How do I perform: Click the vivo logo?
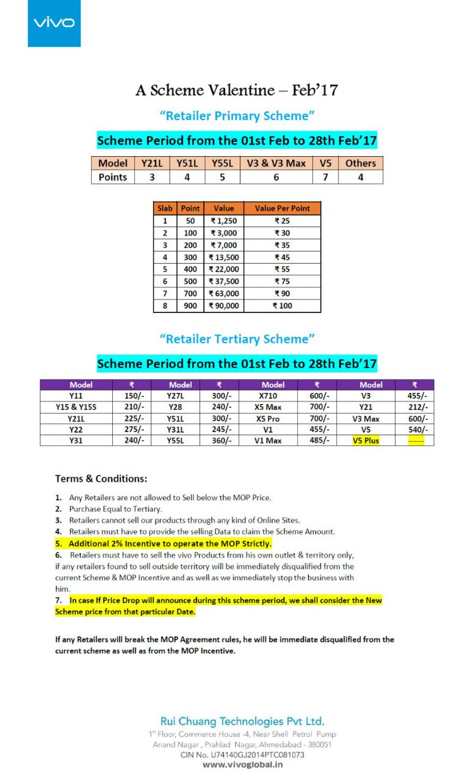[x=54, y=23]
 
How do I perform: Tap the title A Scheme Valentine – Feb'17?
[x=237, y=90]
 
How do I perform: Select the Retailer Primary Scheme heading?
[x=237, y=115]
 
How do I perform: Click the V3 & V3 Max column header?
[x=276, y=163]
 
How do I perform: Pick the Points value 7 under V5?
[x=325, y=177]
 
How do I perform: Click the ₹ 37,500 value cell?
[x=224, y=281]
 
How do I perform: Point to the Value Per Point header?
[x=282, y=208]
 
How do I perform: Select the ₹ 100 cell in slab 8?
[x=282, y=306]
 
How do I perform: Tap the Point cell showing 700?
[x=190, y=293]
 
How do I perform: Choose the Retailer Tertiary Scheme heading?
[x=237, y=339]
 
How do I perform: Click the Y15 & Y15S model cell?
[x=76, y=407]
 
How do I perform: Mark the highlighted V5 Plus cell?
[x=366, y=440]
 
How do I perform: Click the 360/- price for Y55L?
[x=219, y=440]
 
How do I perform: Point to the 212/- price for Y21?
[x=415, y=407]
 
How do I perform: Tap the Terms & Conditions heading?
[x=101, y=478]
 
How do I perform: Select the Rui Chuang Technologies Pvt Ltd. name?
[x=242, y=721]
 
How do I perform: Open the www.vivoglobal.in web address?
[x=242, y=765]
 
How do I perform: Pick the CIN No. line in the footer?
[x=242, y=754]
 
